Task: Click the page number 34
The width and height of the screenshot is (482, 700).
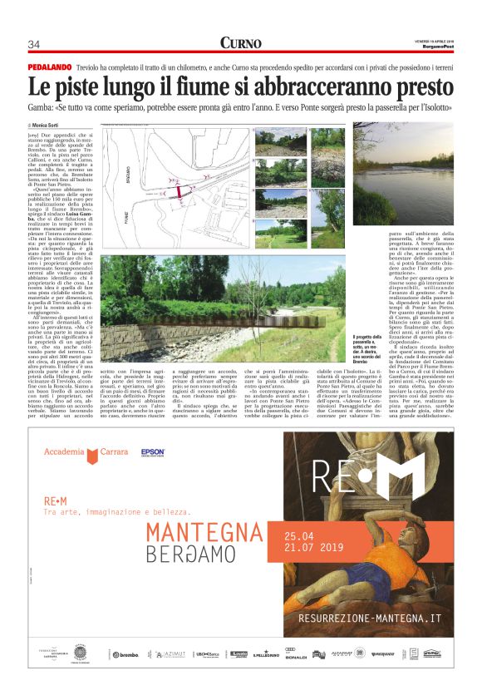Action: [x=34, y=44]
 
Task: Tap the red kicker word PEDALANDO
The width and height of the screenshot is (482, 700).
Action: [x=49, y=64]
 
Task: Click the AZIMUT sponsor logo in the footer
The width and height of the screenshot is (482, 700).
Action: [x=172, y=654]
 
